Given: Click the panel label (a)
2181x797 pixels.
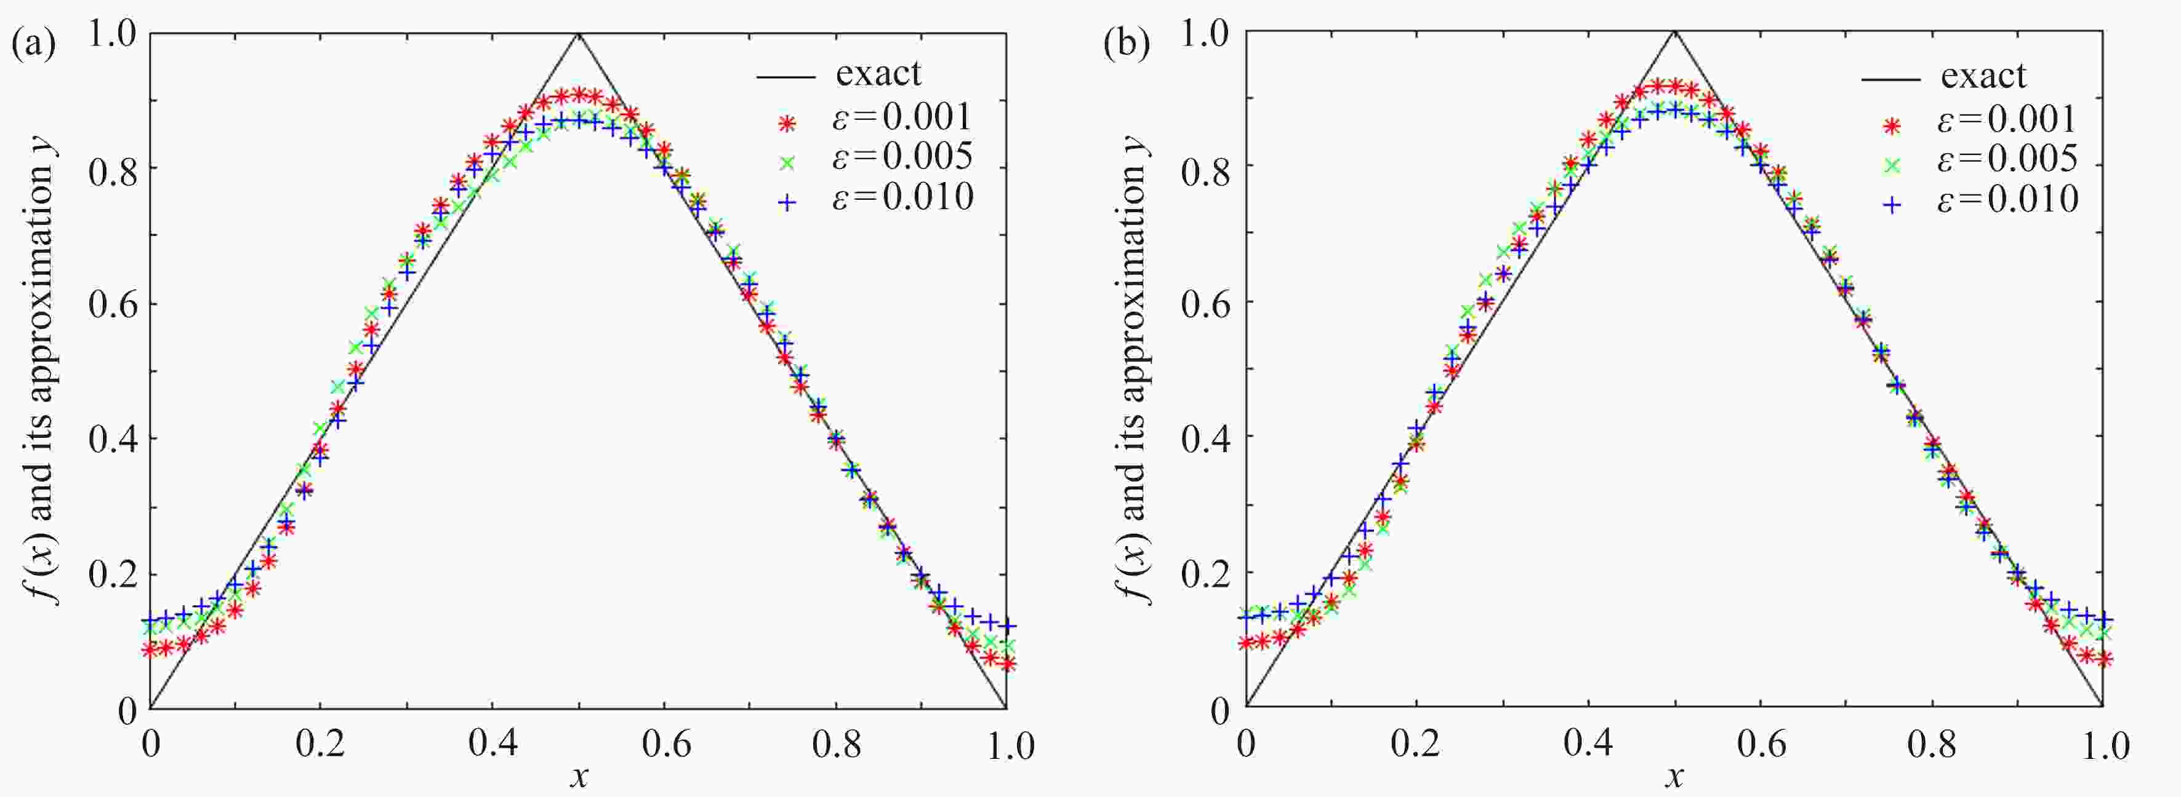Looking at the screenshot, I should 34,44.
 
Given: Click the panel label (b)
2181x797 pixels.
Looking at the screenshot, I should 1127,44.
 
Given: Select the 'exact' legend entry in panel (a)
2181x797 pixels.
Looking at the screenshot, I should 878,74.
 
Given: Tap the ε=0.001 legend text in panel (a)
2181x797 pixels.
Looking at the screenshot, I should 902,119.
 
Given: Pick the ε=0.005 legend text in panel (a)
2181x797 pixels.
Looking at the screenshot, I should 902,157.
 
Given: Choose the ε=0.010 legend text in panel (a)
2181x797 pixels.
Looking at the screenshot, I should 902,198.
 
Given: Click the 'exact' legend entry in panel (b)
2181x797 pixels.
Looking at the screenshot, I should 1983,77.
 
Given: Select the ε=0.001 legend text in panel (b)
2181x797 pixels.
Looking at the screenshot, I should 2007,120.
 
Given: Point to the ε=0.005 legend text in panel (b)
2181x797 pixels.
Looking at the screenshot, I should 2007,160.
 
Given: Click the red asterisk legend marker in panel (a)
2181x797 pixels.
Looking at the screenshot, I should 788,124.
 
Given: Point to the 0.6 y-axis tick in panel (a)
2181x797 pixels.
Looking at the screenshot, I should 112,304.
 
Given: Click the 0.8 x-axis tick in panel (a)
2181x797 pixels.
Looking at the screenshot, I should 836,745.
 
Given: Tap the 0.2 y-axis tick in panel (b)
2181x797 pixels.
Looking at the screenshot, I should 1205,573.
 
